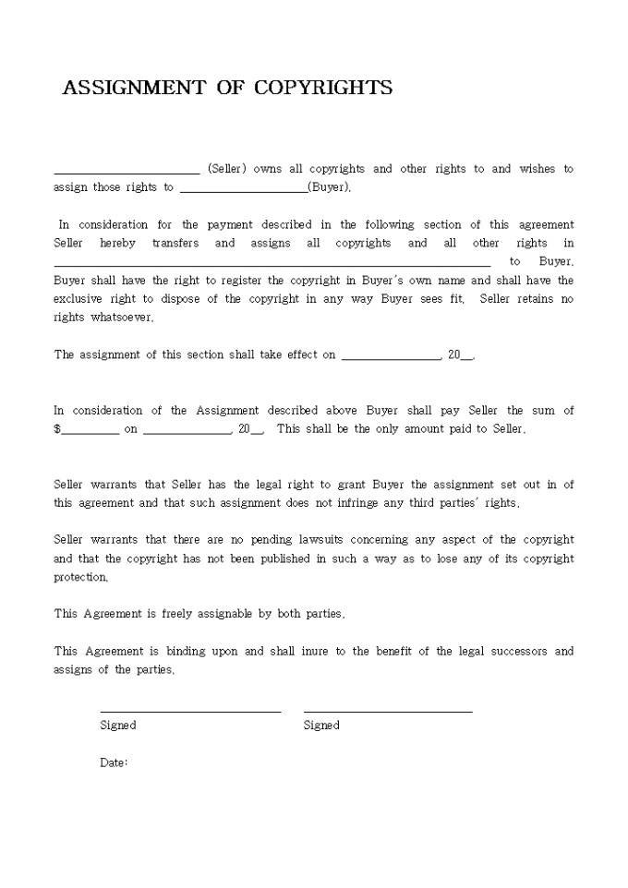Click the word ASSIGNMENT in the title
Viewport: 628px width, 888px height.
133,88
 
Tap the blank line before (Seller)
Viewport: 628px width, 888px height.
127,172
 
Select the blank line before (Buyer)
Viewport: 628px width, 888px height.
244,191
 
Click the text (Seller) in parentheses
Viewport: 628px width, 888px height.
226,169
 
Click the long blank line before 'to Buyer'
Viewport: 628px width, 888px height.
272,265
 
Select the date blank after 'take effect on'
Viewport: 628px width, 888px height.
392,358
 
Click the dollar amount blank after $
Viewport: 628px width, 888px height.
90,432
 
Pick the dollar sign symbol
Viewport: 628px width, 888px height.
57,429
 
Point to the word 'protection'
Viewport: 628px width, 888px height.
80,577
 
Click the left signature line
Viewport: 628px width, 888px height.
190,712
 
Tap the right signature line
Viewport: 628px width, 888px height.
388,712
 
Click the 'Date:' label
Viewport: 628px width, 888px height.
114,762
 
